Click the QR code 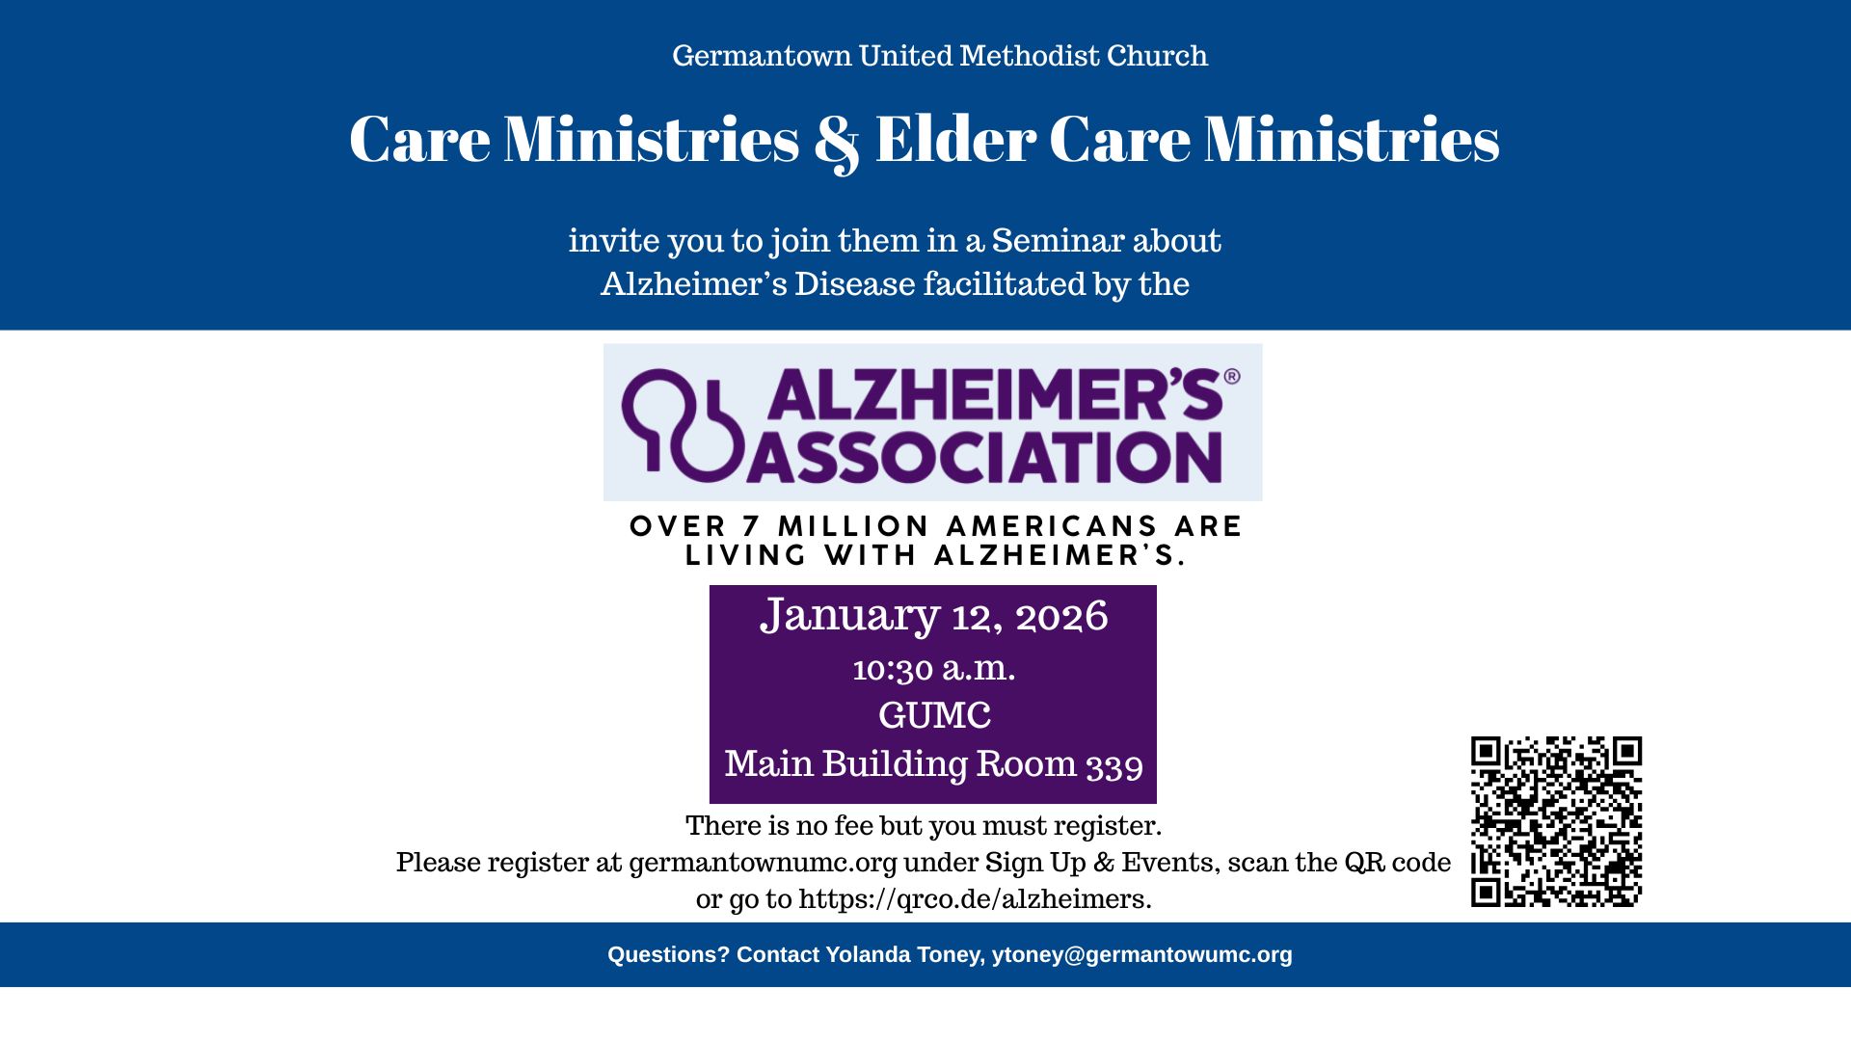(x=1556, y=821)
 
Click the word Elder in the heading (x=954, y=140)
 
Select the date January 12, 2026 (x=933, y=616)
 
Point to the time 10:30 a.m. (x=933, y=668)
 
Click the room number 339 (x=1114, y=764)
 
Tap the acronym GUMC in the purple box (x=933, y=715)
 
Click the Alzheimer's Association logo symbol (x=683, y=424)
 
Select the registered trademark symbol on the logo (x=1231, y=377)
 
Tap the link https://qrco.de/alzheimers (x=974, y=899)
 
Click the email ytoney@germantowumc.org (x=1141, y=954)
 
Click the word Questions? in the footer (x=668, y=954)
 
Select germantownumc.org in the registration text (x=763, y=862)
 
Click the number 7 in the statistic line (x=751, y=526)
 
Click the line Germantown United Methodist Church (x=939, y=56)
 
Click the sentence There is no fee (x=923, y=826)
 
